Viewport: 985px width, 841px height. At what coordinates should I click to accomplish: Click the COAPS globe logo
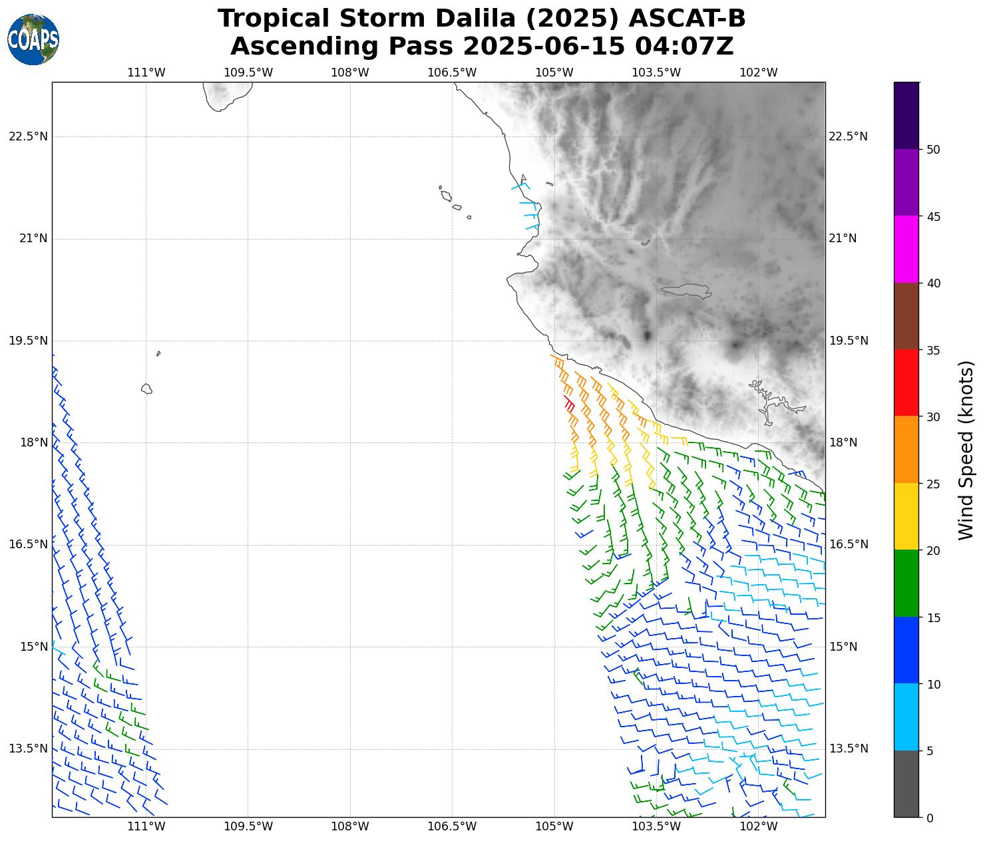[33, 40]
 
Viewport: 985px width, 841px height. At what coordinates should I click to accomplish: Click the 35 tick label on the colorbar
[933, 350]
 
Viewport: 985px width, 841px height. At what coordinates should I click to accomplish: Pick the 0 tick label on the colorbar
[930, 818]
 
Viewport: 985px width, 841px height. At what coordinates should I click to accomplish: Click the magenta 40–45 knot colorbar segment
[906, 250]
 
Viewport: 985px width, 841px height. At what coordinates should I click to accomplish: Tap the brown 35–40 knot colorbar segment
[906, 316]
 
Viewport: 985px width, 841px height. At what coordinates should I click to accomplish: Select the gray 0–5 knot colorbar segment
[906, 784]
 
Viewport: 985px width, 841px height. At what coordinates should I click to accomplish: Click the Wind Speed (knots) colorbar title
[966, 450]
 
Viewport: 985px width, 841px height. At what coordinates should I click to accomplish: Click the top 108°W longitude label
[350, 73]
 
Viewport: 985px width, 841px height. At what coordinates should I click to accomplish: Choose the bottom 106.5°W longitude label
[452, 826]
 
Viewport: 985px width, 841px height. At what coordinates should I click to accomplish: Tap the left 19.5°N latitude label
[28, 341]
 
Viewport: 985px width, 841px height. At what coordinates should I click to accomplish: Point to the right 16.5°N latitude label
[848, 544]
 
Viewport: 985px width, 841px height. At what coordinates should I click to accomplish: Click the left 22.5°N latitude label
[28, 136]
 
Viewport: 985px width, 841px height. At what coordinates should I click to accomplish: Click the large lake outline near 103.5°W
[687, 291]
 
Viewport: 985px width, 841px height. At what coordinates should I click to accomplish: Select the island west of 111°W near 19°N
[146, 389]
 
